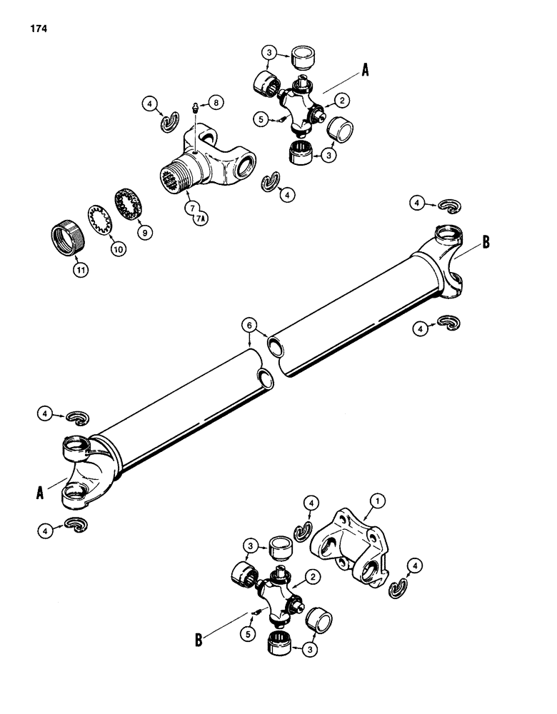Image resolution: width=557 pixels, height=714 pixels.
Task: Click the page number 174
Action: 39,30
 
